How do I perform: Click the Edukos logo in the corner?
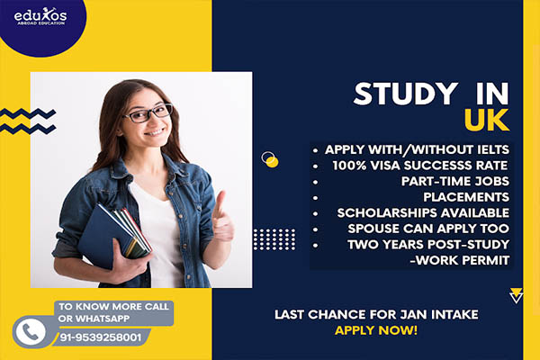(x=40, y=16)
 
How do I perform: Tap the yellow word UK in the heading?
(x=487, y=120)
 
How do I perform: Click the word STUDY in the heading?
(x=406, y=94)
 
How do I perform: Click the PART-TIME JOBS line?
(x=454, y=181)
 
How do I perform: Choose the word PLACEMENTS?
(x=466, y=197)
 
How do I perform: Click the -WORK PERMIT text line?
(x=459, y=260)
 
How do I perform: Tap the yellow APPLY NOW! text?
(x=376, y=330)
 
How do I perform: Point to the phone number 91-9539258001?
(x=101, y=337)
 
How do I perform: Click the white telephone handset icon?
(x=31, y=332)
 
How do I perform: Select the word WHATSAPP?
(x=94, y=319)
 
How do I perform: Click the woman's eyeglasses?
(x=148, y=113)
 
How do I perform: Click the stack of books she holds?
(x=114, y=233)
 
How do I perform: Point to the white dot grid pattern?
(x=274, y=239)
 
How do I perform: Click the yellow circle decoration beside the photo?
(x=272, y=162)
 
